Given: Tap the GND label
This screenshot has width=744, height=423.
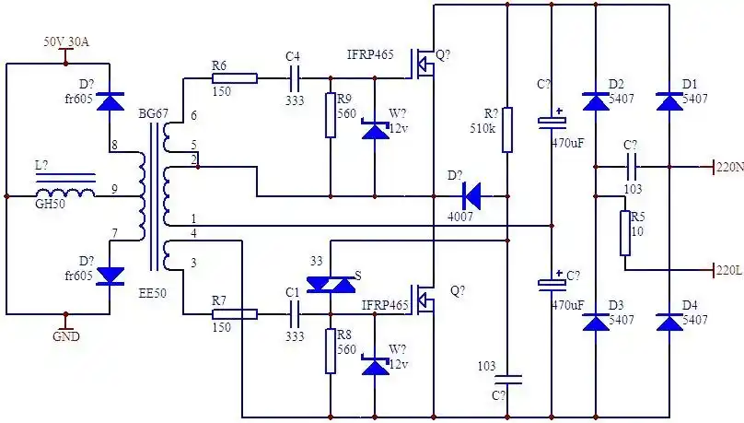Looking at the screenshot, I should [x=65, y=336].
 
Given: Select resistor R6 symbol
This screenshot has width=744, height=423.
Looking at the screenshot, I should [x=234, y=79].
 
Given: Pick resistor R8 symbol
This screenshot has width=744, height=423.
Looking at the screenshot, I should [x=331, y=351].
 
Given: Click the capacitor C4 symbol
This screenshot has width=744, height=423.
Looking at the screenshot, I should [x=294, y=79].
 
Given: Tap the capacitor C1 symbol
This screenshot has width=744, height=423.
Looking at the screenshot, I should [x=294, y=314].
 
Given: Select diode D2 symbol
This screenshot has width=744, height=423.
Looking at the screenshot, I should [x=596, y=102].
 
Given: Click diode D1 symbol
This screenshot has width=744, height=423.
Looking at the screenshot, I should [x=669, y=102].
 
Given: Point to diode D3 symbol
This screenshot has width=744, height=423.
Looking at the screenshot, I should [x=596, y=322].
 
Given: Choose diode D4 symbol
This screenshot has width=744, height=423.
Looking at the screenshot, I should [x=669, y=322].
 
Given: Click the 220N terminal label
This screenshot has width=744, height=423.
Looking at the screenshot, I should [x=729, y=167].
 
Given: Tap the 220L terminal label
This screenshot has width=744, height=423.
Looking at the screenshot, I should [x=728, y=270].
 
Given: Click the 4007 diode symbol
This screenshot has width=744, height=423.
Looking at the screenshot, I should [x=471, y=195].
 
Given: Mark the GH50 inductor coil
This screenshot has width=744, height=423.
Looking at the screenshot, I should [x=64, y=194].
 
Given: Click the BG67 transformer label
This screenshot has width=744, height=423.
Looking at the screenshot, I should [x=153, y=113].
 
